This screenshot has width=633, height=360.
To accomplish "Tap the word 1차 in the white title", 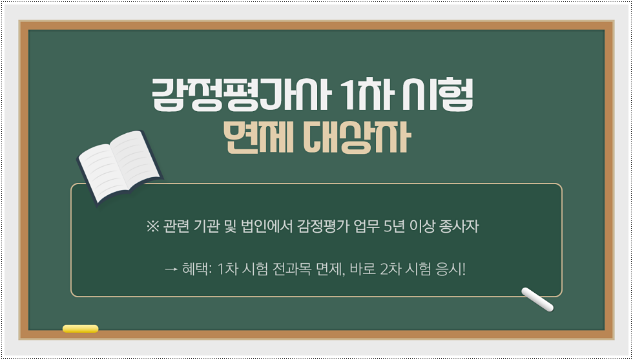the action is point(367,96).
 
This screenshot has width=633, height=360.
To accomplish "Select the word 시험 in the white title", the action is point(438,96).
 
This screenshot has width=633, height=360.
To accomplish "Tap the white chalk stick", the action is point(537,299).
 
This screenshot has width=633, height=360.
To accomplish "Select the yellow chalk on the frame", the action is point(80,329).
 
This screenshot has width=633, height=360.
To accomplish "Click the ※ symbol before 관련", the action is point(153,227).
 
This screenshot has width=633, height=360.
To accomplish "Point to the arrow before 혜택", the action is point(172,269).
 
